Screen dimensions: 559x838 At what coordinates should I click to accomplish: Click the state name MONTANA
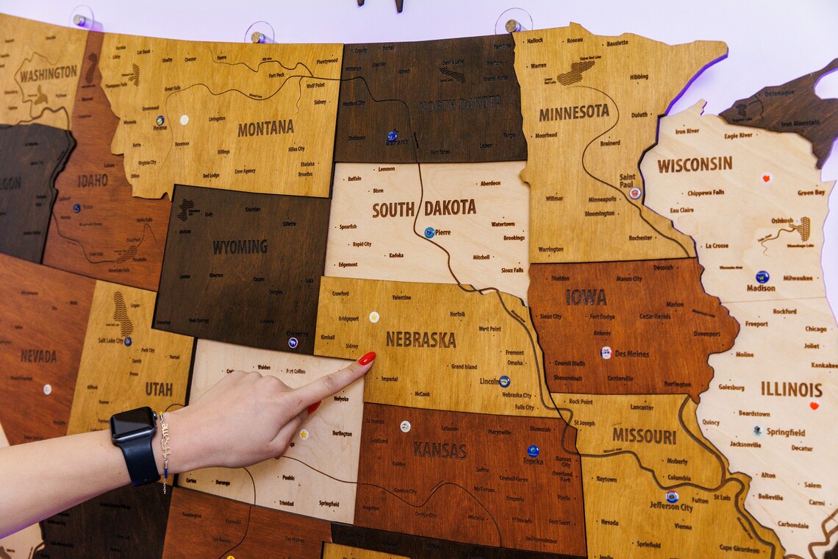[265, 128]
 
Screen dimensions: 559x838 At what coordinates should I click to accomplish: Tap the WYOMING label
[240, 247]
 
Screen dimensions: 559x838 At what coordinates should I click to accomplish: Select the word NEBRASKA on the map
[420, 339]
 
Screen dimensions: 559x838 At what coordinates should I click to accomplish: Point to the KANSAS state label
[440, 449]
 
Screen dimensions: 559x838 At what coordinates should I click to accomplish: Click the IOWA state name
[586, 296]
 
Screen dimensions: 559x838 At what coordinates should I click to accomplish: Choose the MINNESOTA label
[573, 113]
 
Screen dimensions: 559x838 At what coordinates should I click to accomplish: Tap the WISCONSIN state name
[694, 164]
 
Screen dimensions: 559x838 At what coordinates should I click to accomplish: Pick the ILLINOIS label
[791, 388]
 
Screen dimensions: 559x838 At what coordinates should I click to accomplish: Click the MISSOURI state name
[644, 435]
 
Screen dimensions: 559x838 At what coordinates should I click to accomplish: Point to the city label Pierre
[443, 232]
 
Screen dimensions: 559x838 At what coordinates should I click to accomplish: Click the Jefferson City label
[671, 506]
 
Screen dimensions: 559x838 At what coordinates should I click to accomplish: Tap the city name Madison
[761, 288]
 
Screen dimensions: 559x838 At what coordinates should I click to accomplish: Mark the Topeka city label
[533, 461]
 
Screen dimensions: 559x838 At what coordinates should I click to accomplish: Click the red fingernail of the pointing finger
[366, 358]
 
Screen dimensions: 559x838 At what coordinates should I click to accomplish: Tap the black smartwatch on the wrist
[135, 444]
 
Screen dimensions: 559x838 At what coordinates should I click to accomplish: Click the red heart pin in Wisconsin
[766, 177]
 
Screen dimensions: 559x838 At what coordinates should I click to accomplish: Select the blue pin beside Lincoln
[504, 381]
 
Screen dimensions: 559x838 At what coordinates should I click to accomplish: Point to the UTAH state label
[159, 389]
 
